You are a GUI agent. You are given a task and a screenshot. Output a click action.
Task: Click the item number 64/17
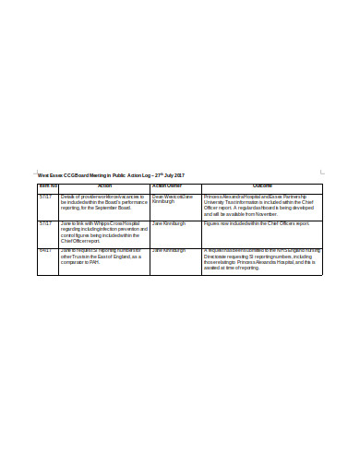click(x=45, y=250)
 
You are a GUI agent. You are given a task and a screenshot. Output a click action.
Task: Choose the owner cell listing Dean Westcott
click(x=173, y=199)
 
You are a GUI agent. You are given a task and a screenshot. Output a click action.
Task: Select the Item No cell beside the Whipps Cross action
click(x=45, y=223)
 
